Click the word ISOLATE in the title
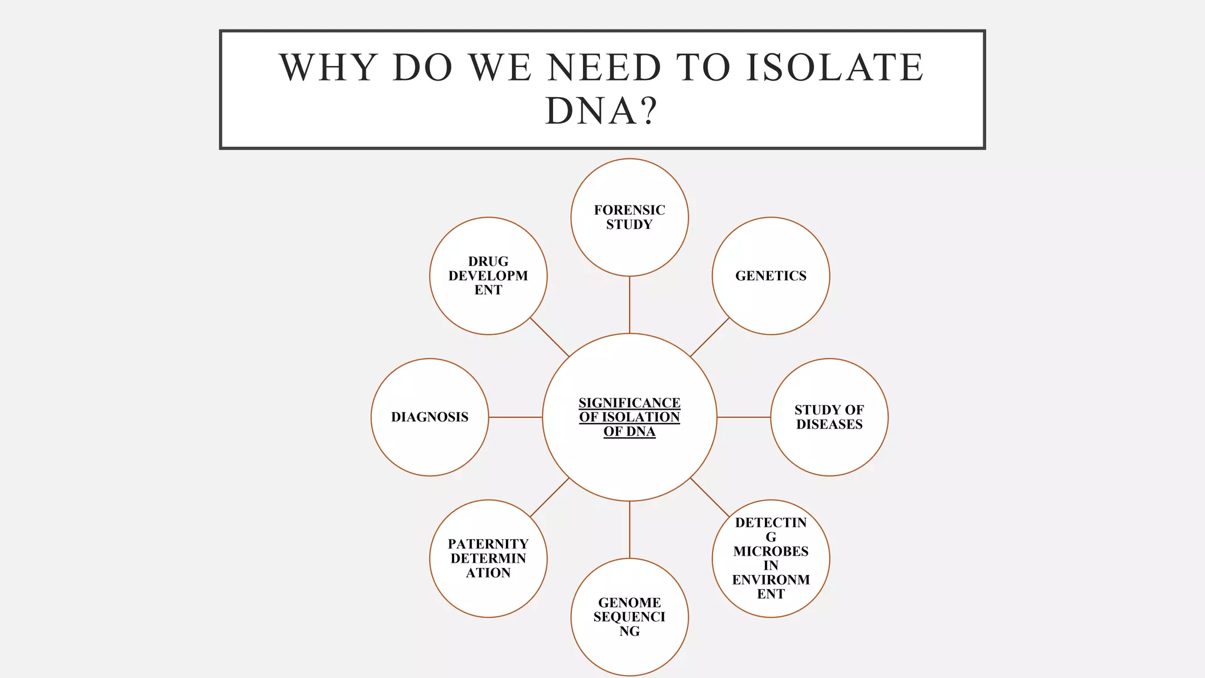(x=835, y=67)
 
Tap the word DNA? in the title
(x=601, y=111)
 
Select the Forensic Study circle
(x=630, y=217)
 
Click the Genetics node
(x=771, y=276)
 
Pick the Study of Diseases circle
(x=829, y=417)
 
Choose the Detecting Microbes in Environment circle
(x=771, y=559)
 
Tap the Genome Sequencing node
(x=630, y=617)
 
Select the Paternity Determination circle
(x=488, y=559)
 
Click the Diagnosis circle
(x=430, y=417)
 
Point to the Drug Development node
(x=488, y=276)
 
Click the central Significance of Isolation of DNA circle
(x=630, y=417)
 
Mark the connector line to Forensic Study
(x=630, y=305)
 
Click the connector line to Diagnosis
(x=515, y=417)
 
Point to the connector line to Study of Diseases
(x=744, y=417)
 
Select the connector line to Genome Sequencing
(x=630, y=530)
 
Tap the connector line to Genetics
(x=710, y=337)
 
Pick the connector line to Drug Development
(x=550, y=337)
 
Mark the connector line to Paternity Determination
(x=550, y=497)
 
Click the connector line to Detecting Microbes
(x=710, y=497)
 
